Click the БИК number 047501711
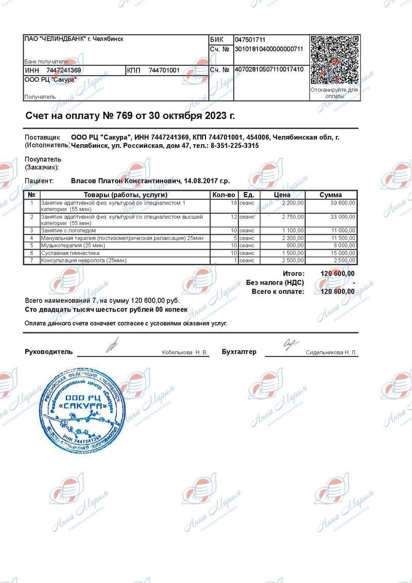(250, 40)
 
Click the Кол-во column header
(224, 195)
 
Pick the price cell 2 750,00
(293, 217)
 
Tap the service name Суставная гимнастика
(70, 253)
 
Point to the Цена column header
(282, 195)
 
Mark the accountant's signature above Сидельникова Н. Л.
(290, 344)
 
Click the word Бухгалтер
(239, 352)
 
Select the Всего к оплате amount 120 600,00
(337, 291)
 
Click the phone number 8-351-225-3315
(235, 146)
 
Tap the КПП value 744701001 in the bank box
(164, 70)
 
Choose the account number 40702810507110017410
(269, 70)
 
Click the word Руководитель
(49, 352)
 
